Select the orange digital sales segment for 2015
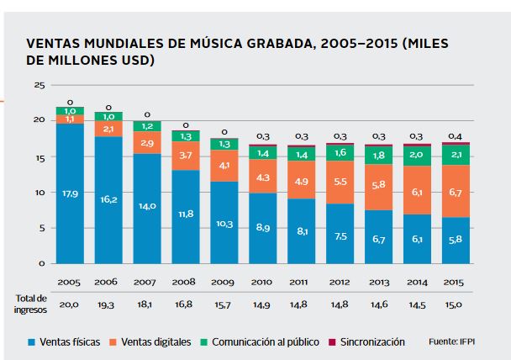point(456,193)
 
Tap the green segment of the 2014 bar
point(418,156)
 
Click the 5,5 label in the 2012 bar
point(340,182)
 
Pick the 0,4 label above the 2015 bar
point(456,135)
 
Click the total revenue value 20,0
point(69,304)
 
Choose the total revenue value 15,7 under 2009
point(224,304)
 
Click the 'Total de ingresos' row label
point(31,304)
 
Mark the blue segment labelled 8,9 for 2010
point(262,227)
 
